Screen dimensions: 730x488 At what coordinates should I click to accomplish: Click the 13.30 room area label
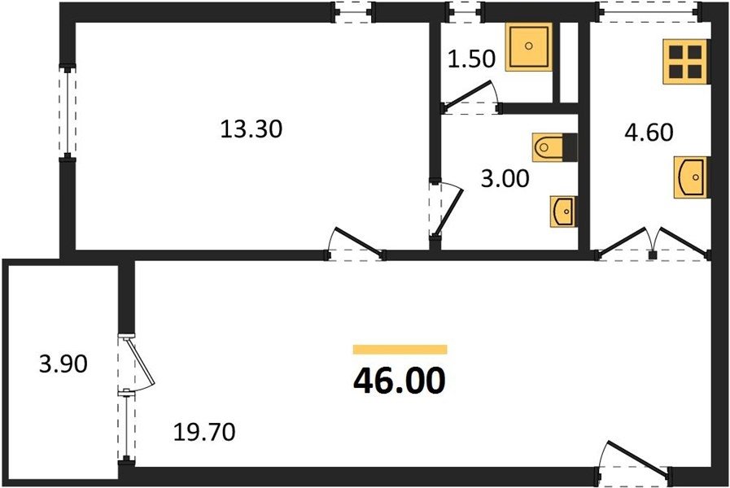tap(251, 129)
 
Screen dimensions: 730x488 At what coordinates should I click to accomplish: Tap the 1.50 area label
tap(471, 59)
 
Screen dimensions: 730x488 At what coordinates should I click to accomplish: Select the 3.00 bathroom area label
tap(505, 178)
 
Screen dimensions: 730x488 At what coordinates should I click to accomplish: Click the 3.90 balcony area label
tap(63, 364)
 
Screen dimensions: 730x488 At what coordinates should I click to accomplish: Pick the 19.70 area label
tap(204, 433)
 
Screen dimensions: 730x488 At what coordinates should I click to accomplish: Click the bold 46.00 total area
tap(400, 381)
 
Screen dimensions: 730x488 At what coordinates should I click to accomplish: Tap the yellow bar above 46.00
tap(400, 350)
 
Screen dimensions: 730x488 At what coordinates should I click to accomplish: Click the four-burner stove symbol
tap(686, 62)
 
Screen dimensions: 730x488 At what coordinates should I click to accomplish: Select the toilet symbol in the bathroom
tap(554, 147)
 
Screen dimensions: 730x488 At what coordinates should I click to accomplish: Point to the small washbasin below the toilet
tap(563, 211)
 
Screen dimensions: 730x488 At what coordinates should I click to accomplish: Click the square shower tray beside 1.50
tap(528, 46)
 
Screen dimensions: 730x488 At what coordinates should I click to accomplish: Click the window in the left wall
tap(68, 113)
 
